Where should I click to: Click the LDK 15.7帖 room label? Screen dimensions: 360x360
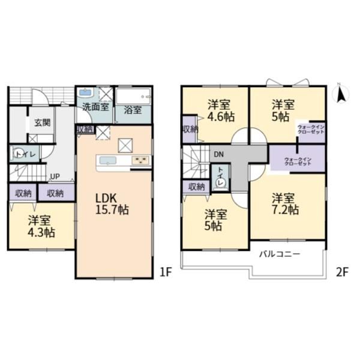[x=112, y=204]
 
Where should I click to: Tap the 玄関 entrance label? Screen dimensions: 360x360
[x=43, y=122]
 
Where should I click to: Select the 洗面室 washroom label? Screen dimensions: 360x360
[x=95, y=107]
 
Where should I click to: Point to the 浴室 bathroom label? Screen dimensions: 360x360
[x=133, y=110]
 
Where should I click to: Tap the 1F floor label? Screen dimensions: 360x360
[x=166, y=272]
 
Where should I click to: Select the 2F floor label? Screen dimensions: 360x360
[x=342, y=272]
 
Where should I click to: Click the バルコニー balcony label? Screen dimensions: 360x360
[x=280, y=254]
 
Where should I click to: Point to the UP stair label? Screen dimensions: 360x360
[x=55, y=176]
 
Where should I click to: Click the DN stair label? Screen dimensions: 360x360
[x=218, y=155]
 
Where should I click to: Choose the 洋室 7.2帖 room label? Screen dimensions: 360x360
[x=285, y=204]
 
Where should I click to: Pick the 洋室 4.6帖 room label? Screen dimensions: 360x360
[x=221, y=110]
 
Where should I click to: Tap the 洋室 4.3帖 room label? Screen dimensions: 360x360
[x=41, y=226]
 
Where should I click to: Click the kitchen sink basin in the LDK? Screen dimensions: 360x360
[x=107, y=160]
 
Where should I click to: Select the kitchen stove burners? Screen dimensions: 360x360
[x=140, y=160]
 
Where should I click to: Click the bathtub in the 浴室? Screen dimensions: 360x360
[x=133, y=96]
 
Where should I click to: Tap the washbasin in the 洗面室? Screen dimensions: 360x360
[x=85, y=93]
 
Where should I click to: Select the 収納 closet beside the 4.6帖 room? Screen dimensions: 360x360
[x=189, y=130]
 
